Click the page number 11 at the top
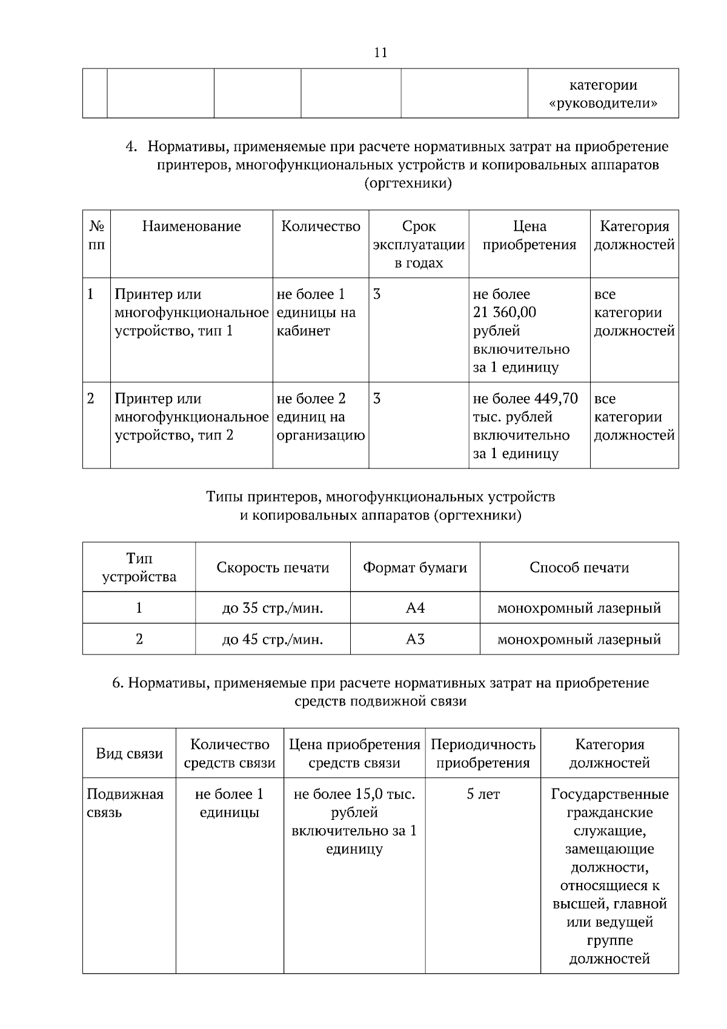click(x=380, y=53)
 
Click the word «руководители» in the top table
click(x=603, y=104)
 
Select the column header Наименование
click(x=191, y=227)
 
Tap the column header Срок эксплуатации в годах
click(x=419, y=244)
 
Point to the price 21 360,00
click(x=504, y=313)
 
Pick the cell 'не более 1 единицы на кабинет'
click(x=316, y=313)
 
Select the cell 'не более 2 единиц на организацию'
click(x=320, y=417)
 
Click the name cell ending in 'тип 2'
click(x=191, y=417)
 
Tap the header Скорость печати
click(x=273, y=568)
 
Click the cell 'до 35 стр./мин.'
click(x=273, y=608)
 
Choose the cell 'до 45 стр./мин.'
click(x=273, y=639)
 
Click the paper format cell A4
click(x=415, y=608)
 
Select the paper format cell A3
click(x=415, y=639)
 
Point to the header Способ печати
click(x=579, y=568)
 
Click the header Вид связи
click(x=130, y=754)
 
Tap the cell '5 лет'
click(x=483, y=794)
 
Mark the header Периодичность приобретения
click(x=483, y=754)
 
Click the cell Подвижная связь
click(x=125, y=803)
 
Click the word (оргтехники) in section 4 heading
click(x=408, y=183)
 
